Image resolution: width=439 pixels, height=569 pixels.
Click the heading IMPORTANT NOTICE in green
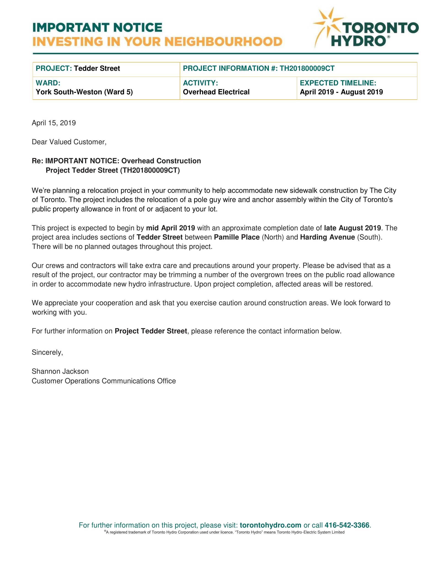pyautogui.click(x=97, y=28)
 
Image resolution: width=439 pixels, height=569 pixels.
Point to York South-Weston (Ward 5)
pyautogui.click(x=84, y=92)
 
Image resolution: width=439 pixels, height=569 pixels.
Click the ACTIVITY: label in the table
pyautogui.click(x=200, y=83)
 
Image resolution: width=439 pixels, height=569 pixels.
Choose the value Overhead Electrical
pyautogui.click(x=216, y=92)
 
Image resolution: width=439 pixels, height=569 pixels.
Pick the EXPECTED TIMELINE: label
pyautogui.click(x=338, y=83)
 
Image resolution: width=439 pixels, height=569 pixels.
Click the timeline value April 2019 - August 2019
pyautogui.click(x=341, y=92)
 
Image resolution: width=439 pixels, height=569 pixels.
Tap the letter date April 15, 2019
pyautogui.click(x=54, y=123)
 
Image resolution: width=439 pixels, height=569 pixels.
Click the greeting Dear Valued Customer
pyautogui.click(x=69, y=142)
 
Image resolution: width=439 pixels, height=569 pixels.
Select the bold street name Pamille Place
pyautogui.click(x=237, y=237)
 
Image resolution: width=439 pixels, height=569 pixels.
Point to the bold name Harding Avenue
pyautogui.click(x=327, y=237)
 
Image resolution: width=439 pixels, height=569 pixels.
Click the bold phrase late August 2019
pyautogui.click(x=352, y=228)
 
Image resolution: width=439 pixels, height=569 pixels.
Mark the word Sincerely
pyautogui.click(x=47, y=352)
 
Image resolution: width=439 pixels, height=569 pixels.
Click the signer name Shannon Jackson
pyautogui.click(x=60, y=371)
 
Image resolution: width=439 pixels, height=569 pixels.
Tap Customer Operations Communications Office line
pyautogui.click(x=104, y=381)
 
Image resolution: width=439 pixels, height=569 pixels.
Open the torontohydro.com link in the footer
pyautogui.click(x=270, y=525)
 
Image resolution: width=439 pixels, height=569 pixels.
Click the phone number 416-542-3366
pyautogui.click(x=347, y=525)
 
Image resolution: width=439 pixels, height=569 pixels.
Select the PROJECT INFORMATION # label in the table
pyautogui.click(x=230, y=68)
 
